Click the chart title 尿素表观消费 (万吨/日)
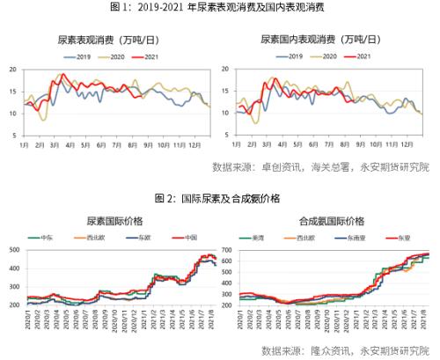click(x=108, y=40)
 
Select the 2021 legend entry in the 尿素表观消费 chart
click(x=139, y=56)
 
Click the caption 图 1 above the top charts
click(x=220, y=7)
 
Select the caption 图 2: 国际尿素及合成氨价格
click(x=220, y=199)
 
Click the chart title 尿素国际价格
click(x=108, y=220)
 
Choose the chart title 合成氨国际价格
click(x=326, y=220)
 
